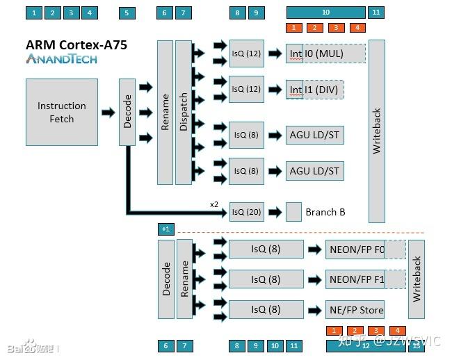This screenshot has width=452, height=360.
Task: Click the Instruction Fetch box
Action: [x=62, y=112]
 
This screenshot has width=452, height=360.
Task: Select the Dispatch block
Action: [x=184, y=112]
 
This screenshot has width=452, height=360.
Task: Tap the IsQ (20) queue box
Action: [x=247, y=212]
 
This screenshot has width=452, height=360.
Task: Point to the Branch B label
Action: [x=325, y=212]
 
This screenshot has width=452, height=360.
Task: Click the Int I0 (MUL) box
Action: [x=325, y=53]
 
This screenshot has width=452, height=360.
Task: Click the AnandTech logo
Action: [x=61, y=59]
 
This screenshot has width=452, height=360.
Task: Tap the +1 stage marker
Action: [x=166, y=229]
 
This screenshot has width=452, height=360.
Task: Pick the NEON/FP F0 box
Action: [x=355, y=249]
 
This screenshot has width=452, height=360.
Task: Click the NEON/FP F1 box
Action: [x=355, y=279]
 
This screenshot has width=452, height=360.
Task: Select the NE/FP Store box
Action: [x=355, y=310]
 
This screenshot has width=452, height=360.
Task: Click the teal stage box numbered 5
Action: [x=127, y=13]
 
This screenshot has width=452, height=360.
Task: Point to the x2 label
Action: [x=215, y=204]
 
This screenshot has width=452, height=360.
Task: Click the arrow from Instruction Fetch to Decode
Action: [x=108, y=112]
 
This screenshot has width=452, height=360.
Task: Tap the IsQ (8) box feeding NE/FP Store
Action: [x=266, y=310]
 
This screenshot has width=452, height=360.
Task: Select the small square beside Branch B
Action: [x=293, y=211]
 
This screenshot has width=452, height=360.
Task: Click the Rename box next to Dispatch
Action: [x=165, y=112]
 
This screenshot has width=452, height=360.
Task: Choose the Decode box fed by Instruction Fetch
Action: [x=127, y=112]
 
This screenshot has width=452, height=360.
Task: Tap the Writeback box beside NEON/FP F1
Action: [x=416, y=279]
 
